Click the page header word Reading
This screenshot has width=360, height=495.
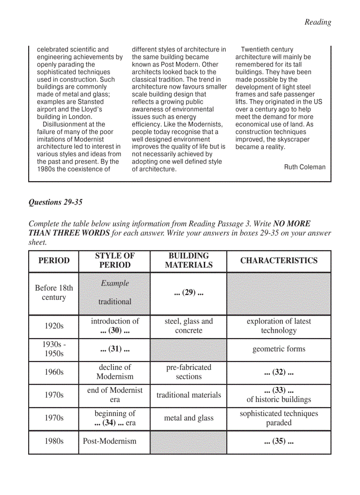318,22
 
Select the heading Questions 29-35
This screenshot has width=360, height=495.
55,202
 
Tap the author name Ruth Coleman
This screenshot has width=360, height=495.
305,167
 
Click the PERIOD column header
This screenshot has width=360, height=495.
54,261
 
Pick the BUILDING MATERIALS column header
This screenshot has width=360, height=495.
188,261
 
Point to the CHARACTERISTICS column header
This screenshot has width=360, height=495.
279,261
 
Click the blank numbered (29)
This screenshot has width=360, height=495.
188,293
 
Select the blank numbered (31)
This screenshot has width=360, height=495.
115,349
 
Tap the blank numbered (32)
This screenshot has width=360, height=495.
279,372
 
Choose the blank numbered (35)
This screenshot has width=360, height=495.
279,441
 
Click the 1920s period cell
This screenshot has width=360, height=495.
54,326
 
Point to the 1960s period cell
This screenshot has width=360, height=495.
54,372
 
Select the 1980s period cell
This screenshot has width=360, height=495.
54,441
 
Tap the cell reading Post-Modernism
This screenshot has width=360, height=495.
110,441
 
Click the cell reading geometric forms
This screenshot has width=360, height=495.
279,349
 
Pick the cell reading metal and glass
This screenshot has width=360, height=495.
188,418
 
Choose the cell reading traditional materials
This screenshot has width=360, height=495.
188,395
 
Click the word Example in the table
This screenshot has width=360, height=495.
115,283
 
